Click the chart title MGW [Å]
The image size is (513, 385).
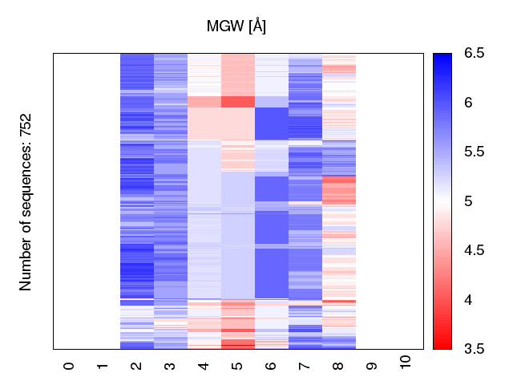pyautogui.click(x=236, y=26)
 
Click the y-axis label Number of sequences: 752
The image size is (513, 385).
pyautogui.click(x=26, y=201)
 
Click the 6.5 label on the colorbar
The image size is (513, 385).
pyautogui.click(x=474, y=54)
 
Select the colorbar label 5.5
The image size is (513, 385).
pyautogui.click(x=474, y=152)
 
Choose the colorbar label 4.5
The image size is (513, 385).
pyautogui.click(x=474, y=250)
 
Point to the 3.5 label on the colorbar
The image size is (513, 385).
pyautogui.click(x=474, y=348)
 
